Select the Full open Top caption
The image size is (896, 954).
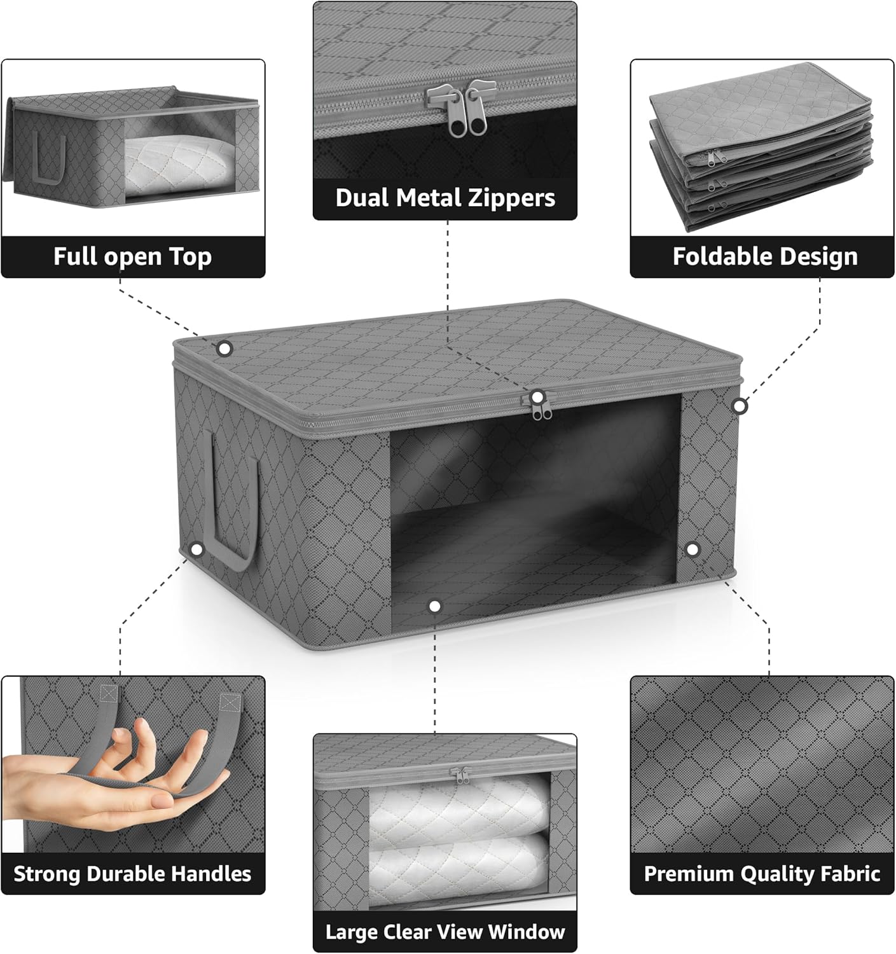132,256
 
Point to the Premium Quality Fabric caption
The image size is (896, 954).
762,874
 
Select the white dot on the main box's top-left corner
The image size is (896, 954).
224,348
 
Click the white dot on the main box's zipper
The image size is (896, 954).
538,397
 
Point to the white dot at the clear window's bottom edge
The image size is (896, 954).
435,606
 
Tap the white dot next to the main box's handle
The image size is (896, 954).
196,549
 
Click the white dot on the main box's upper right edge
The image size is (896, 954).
739,405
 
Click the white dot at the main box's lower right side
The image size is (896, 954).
692,548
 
